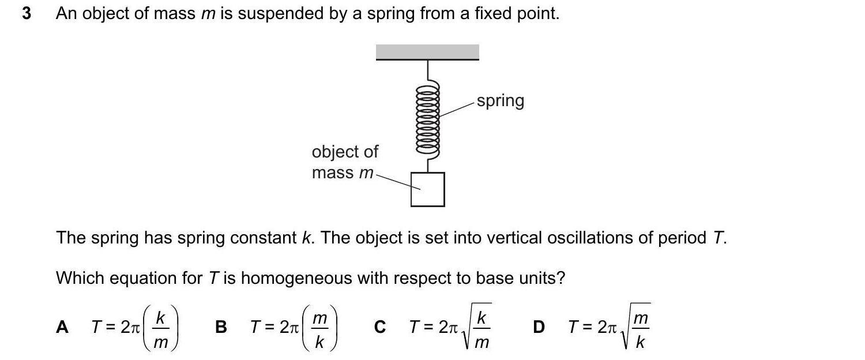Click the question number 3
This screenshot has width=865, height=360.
click(x=27, y=14)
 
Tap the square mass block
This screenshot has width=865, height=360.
click(x=427, y=189)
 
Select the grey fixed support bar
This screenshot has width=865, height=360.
click(x=427, y=52)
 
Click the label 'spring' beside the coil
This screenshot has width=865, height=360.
click(x=501, y=101)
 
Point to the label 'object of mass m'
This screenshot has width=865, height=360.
click(x=344, y=162)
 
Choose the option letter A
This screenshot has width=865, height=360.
click(x=62, y=327)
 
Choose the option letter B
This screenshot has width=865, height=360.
click(x=221, y=327)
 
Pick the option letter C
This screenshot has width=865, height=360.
click(x=379, y=327)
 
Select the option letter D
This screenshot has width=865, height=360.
click(x=539, y=327)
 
